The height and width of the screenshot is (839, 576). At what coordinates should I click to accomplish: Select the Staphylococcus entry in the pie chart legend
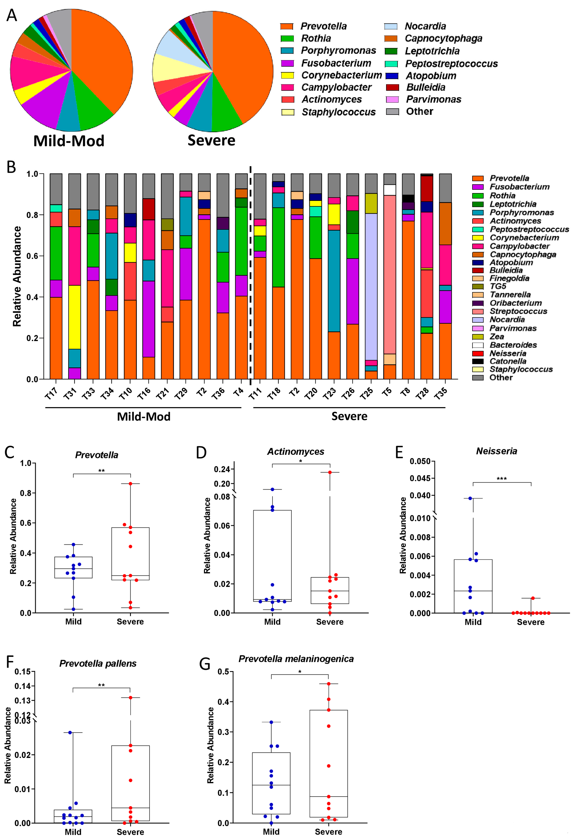click(338, 112)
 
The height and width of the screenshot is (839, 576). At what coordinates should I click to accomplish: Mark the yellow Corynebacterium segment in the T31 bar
click(75, 317)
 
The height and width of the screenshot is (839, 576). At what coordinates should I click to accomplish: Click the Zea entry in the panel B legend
click(497, 337)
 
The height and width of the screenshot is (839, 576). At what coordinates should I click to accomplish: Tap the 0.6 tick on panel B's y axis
click(32, 256)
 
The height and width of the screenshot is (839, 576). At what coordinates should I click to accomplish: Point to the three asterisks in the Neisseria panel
click(502, 479)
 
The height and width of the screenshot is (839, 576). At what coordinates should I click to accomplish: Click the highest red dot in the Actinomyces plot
click(330, 472)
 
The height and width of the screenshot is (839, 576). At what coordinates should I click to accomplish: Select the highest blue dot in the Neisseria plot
click(470, 498)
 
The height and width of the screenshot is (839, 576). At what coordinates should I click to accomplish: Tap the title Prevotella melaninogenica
click(296, 659)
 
